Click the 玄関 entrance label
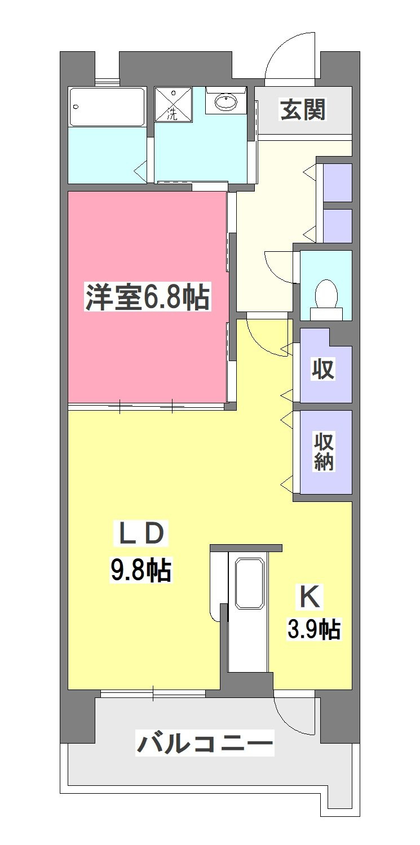point(303,110)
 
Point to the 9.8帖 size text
point(140,570)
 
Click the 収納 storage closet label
point(324,452)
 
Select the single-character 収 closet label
point(323,370)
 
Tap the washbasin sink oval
point(226,101)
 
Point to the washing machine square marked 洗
point(174,104)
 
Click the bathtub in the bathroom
point(107,107)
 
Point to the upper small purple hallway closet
point(338,183)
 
